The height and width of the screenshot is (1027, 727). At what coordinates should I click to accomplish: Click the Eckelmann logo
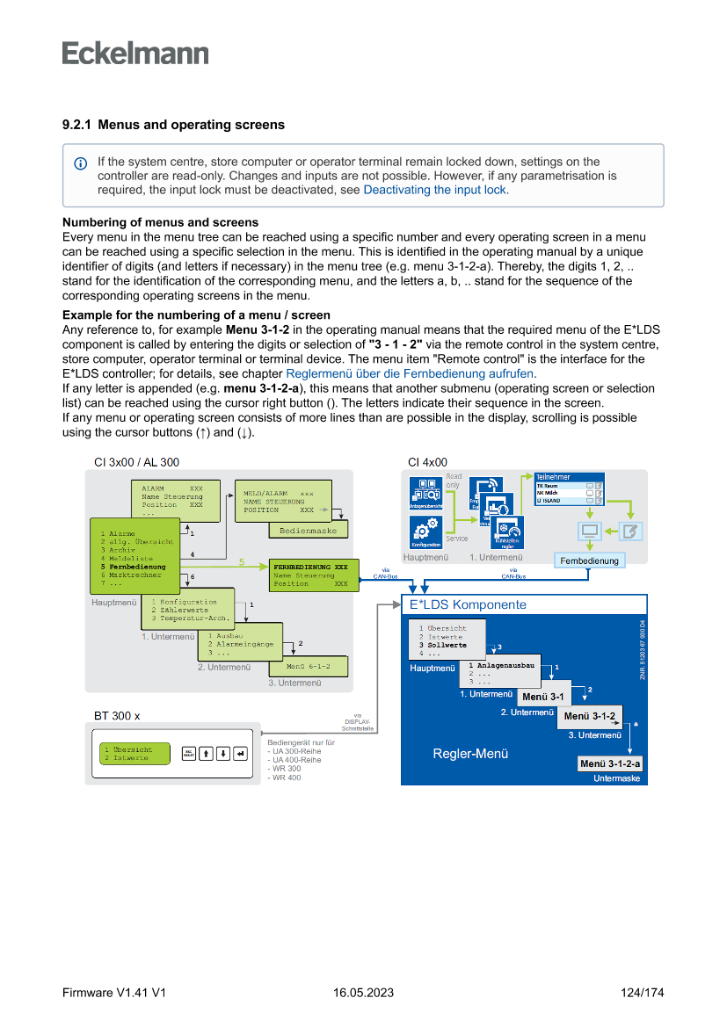point(135,53)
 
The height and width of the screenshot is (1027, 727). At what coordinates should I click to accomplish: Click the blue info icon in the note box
point(81,163)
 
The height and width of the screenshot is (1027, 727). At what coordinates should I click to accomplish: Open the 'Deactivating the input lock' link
point(434,190)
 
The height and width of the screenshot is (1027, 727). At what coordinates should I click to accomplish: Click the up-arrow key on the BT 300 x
point(205,753)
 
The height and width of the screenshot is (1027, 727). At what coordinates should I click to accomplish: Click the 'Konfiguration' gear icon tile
point(425,532)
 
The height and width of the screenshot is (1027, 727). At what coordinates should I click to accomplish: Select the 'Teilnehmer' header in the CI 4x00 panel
point(553,475)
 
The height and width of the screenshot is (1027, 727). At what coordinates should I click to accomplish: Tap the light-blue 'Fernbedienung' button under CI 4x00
point(589,561)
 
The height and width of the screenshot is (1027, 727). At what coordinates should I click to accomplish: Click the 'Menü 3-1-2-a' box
point(610,763)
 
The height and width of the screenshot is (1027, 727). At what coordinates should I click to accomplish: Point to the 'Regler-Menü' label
point(470,754)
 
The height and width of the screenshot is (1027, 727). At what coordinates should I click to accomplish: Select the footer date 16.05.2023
point(363,993)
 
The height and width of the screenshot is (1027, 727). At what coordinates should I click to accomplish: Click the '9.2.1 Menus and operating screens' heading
point(173,125)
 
